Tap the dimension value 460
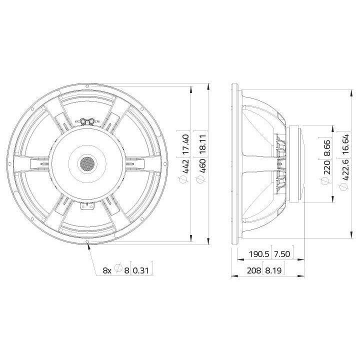pos(203,166)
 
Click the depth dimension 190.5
pos(259,254)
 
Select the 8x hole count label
pos(107,270)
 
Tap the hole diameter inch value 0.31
pos(141,270)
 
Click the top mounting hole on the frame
pos(88,86)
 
